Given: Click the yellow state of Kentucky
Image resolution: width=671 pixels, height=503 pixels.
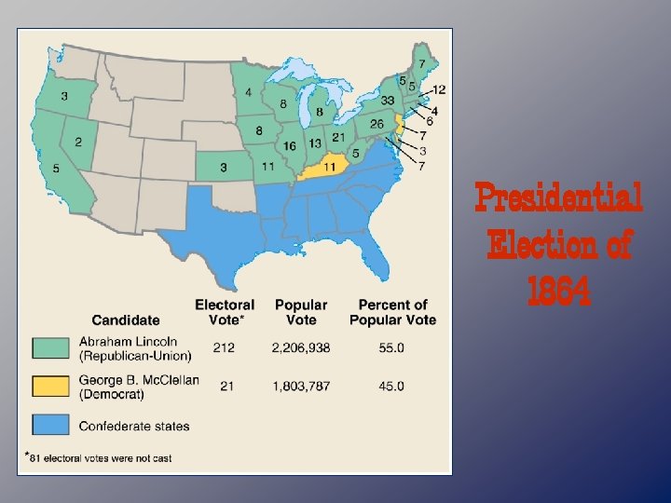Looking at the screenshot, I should pos(328,168).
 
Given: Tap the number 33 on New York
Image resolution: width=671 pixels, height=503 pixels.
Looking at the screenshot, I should pos(388,101).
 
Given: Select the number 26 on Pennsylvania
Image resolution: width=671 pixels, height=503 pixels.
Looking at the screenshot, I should pos(377,124).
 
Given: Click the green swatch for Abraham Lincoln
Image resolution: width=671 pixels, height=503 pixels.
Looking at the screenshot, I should pos(54,347).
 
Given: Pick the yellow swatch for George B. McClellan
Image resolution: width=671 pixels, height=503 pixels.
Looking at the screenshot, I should pos(54,387).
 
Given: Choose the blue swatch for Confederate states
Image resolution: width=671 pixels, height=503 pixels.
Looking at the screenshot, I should pos(54,426).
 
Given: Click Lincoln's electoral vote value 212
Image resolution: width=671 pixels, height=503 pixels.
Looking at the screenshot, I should pos(224,347).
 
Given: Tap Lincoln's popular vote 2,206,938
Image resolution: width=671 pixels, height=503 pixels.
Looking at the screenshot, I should pos(301,347).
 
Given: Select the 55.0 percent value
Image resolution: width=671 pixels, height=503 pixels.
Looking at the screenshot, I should pos(392,347).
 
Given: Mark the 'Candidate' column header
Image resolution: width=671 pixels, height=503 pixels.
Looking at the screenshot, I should pos(126,319).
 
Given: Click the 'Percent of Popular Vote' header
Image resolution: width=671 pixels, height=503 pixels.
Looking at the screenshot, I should pos(392,312).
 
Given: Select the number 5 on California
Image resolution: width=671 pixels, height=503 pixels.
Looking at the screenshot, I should pos(56,169).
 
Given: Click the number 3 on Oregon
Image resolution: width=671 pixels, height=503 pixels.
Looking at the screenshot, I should pos(64,96).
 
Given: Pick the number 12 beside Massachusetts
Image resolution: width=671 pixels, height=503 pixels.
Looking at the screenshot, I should pos(439,89).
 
